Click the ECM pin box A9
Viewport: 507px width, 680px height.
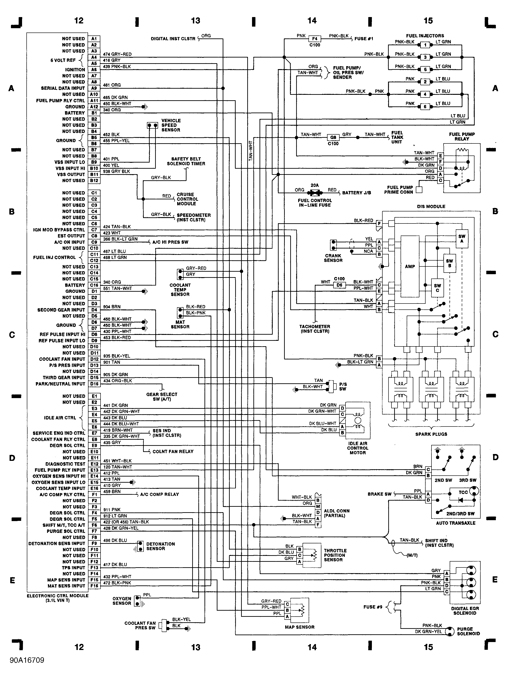94,88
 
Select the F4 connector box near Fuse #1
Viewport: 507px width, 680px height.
315,39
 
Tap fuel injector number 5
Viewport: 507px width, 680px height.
425,70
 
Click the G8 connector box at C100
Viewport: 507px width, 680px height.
333,137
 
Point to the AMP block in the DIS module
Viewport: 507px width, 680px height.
410,266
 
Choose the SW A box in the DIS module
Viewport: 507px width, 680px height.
462,238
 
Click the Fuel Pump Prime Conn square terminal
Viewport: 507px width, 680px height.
419,190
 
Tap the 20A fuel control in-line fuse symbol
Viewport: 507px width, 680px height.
315,193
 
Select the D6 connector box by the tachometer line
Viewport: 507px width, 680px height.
339,285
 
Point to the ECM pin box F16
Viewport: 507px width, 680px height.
94,586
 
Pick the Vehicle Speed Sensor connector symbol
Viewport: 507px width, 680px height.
152,125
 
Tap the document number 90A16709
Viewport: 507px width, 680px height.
27,660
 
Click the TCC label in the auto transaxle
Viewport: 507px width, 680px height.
463,492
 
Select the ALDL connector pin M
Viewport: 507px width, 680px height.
318,506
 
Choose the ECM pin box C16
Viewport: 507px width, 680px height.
94,285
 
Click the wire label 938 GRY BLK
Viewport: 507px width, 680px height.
116,171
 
